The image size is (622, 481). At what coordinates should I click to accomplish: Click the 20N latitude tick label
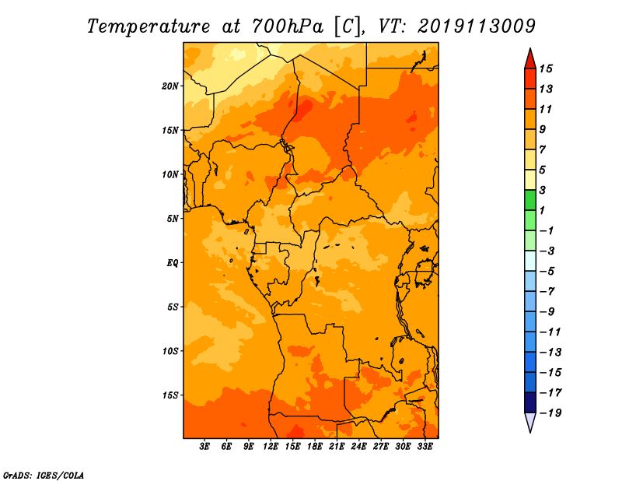(x=170, y=86)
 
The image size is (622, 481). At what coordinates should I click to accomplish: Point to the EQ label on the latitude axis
(x=173, y=262)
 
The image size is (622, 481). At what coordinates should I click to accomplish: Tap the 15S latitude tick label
(x=170, y=395)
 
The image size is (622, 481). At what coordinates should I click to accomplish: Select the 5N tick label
(x=173, y=219)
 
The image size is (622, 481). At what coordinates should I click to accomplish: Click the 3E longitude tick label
(x=205, y=447)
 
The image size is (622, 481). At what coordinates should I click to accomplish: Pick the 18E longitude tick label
(x=314, y=447)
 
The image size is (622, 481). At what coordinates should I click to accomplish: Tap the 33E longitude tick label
(x=425, y=447)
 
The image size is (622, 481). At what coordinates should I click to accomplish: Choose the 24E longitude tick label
(x=358, y=447)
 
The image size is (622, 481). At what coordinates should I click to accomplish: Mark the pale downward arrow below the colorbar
(x=530, y=423)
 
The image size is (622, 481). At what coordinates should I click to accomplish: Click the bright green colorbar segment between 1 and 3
(x=530, y=200)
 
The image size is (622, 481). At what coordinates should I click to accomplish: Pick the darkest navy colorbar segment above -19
(x=530, y=402)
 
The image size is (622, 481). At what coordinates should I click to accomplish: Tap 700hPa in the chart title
(x=287, y=26)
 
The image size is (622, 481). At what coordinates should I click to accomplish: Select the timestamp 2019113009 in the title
(x=477, y=26)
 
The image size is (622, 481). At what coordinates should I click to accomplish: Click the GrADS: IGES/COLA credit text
(x=44, y=474)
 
